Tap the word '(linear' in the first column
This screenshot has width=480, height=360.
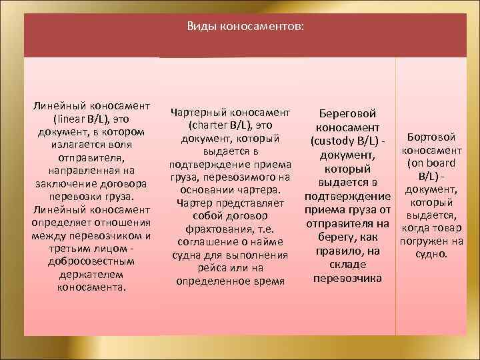point(74,119)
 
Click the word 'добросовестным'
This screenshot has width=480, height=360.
point(91,262)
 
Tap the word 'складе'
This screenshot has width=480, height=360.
point(348,264)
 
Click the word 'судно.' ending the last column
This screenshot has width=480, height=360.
point(431,254)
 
